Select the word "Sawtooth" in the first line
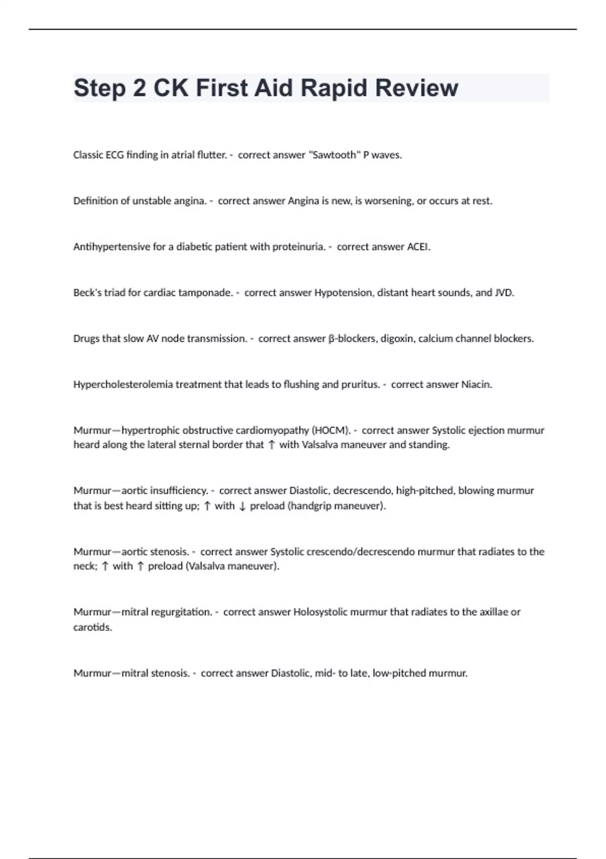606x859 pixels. (x=334, y=155)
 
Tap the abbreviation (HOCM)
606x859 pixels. (x=331, y=431)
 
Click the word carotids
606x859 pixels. (x=93, y=627)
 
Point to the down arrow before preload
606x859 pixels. (x=242, y=506)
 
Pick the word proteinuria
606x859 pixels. (x=299, y=247)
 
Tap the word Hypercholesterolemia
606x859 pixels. (x=123, y=385)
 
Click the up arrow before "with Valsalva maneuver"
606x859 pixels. (x=272, y=445)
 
